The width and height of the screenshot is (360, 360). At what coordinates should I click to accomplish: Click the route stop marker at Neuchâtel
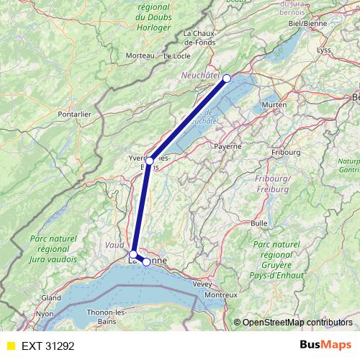click(x=227, y=78)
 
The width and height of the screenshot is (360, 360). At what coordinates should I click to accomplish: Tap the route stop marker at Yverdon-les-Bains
click(x=149, y=161)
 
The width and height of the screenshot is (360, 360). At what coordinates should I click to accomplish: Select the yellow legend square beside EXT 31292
click(x=10, y=346)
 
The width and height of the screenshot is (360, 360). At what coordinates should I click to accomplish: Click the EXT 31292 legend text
click(x=48, y=346)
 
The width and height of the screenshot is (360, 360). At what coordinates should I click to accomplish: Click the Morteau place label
click(x=140, y=55)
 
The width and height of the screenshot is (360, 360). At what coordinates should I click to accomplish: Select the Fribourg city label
click(x=286, y=153)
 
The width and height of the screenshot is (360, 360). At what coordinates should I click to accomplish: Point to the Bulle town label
click(x=259, y=223)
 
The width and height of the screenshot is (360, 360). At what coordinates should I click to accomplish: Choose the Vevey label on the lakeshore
click(x=202, y=284)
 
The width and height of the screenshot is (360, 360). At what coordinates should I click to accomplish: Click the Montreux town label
click(x=220, y=295)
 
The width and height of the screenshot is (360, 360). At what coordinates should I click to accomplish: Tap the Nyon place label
click(x=45, y=314)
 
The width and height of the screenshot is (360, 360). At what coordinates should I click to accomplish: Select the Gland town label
click(x=51, y=297)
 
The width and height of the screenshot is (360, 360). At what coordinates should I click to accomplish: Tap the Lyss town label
click(x=324, y=50)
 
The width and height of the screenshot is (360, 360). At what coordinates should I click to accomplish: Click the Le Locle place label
click(x=176, y=55)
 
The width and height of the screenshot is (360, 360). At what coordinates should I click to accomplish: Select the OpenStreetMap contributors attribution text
click(x=297, y=322)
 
